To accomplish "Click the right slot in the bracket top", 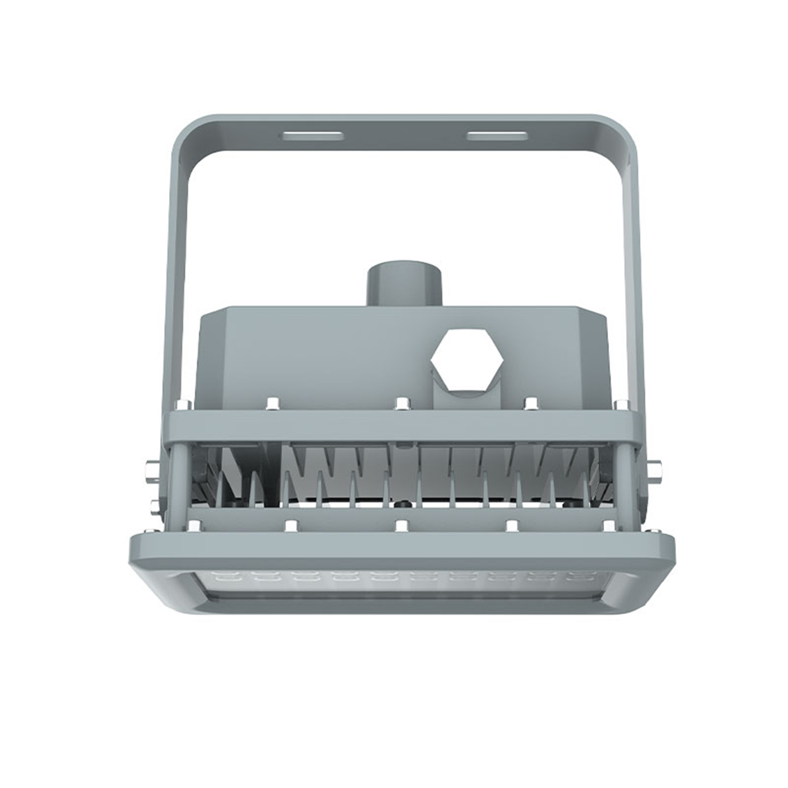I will tap(496, 135).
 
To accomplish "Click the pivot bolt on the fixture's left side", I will tap(150, 470).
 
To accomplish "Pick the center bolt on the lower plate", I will tap(402, 525).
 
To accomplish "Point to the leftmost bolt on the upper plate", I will tap(184, 405).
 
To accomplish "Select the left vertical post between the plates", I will tap(180, 478).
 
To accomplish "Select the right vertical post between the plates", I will tap(624, 478).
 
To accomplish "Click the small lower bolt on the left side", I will tap(154, 505).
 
